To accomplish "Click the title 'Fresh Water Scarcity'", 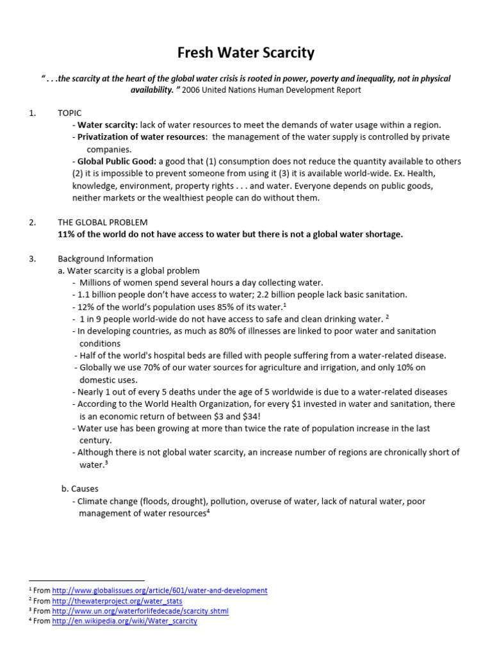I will [246, 52].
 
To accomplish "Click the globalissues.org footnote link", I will [160, 590].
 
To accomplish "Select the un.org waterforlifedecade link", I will [140, 611].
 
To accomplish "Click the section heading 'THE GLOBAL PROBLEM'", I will [102, 222].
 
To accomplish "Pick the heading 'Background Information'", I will [105, 259].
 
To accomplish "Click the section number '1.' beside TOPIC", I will [33, 113].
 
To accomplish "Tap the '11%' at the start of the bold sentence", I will [67, 234].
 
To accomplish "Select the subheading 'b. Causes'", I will [79, 489].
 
